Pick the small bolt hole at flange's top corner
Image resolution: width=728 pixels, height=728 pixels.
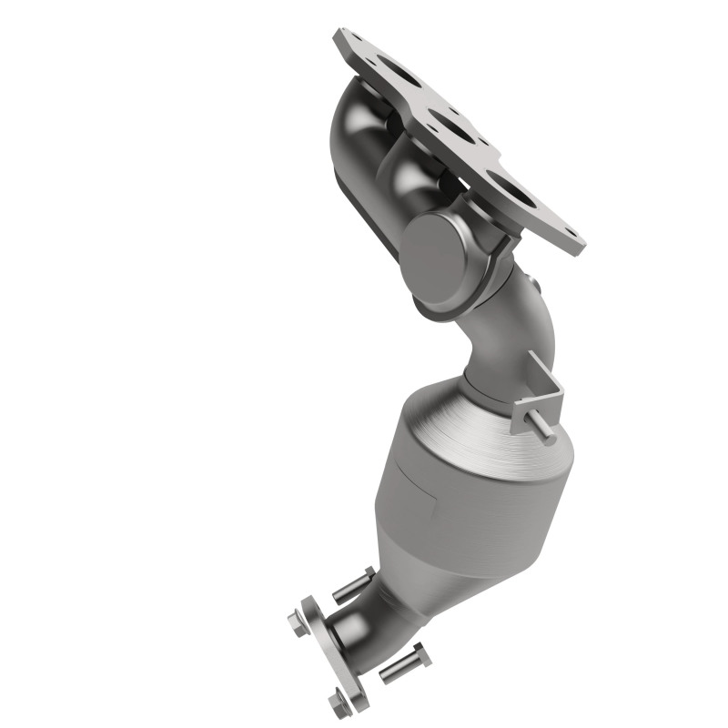click(x=344, y=38)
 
